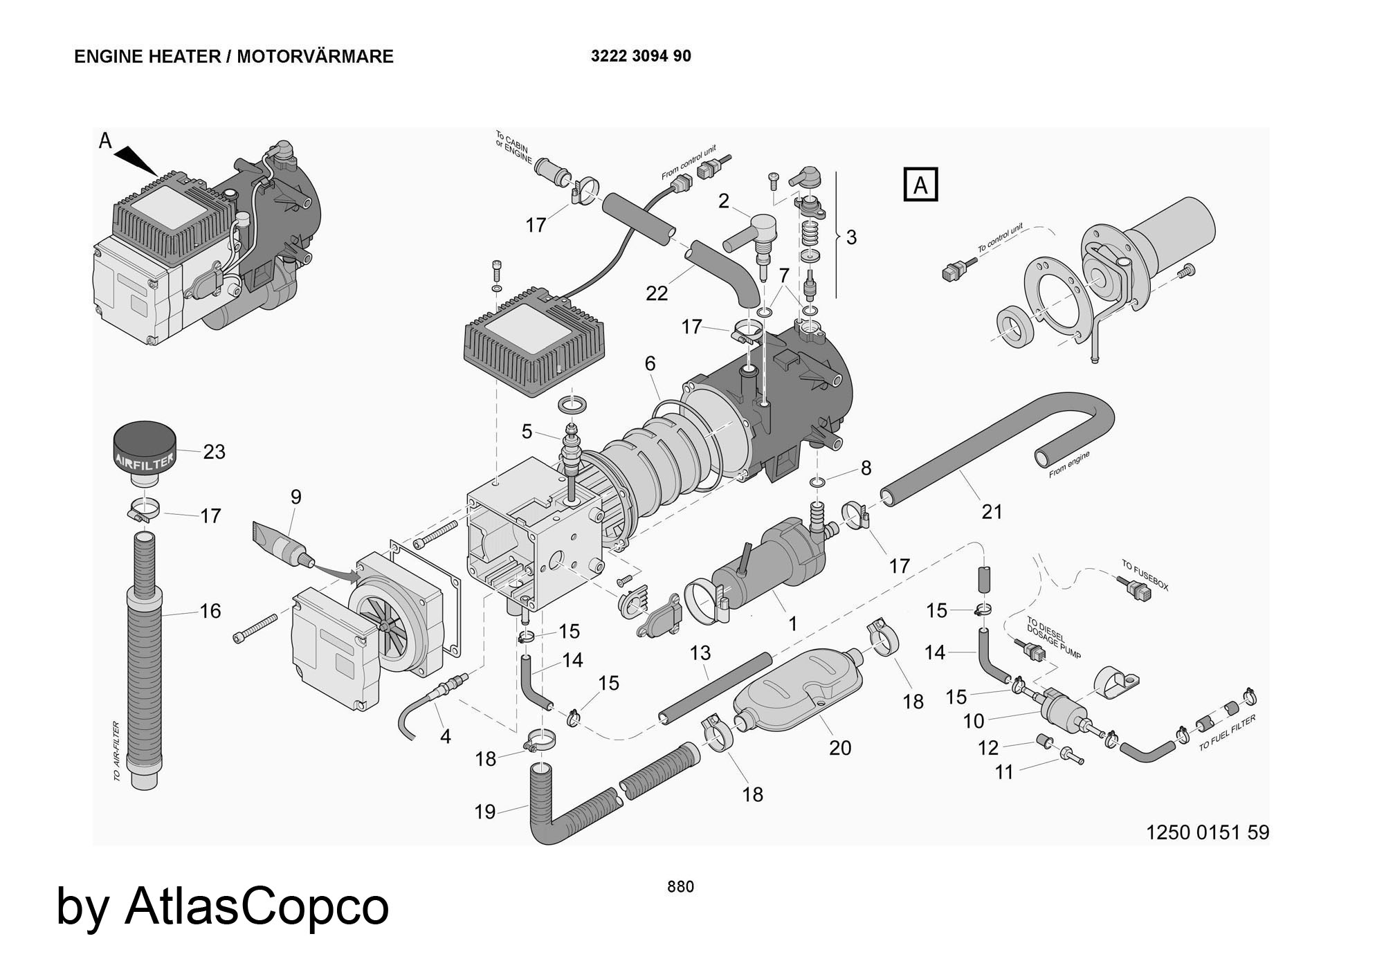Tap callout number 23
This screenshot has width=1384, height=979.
click(214, 452)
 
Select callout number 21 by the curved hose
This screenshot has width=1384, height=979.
click(992, 512)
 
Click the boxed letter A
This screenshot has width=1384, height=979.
click(920, 185)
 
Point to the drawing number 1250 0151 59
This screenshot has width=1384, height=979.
click(1208, 832)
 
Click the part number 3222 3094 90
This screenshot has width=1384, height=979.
click(641, 56)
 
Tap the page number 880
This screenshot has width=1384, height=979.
click(680, 886)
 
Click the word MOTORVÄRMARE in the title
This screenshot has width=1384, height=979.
click(315, 56)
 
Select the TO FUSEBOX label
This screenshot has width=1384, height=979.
click(1145, 576)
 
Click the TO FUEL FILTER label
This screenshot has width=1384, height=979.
click(1227, 733)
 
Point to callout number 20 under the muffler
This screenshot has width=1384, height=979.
click(840, 748)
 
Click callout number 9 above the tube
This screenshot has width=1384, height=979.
click(296, 497)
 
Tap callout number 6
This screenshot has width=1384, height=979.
click(650, 363)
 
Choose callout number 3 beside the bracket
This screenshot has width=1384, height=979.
click(851, 237)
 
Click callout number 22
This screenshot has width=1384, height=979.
click(657, 293)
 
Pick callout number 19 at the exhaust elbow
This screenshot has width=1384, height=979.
click(485, 812)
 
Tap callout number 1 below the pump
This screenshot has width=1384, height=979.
click(793, 623)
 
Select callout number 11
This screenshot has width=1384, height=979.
click(1004, 771)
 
